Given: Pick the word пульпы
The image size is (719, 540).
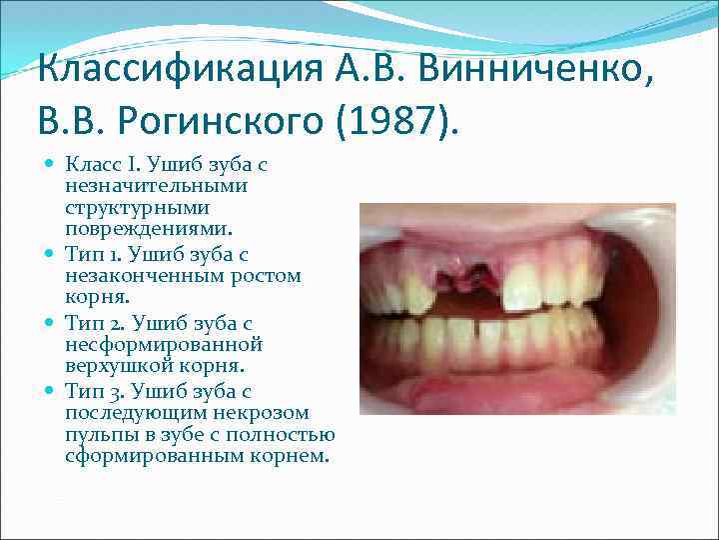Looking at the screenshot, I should tap(96, 434).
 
